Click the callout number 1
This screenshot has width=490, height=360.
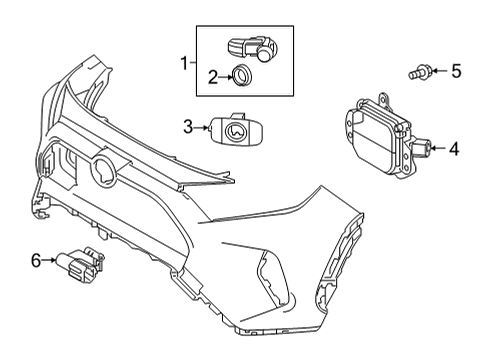184,63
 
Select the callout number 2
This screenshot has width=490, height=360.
213,77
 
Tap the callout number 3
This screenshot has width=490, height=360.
188,127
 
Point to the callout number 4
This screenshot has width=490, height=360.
454,149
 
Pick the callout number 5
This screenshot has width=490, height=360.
456,71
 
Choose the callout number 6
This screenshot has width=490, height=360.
36,260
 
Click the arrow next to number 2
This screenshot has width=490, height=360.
226,77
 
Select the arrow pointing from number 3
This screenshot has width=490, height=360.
201,127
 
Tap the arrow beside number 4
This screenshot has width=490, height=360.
439,148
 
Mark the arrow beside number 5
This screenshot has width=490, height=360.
440,71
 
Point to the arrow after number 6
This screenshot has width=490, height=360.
49,260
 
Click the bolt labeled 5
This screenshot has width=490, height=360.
420,72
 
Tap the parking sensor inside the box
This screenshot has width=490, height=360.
254,49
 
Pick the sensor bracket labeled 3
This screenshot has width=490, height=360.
236,130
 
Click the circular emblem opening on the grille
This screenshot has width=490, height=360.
104,171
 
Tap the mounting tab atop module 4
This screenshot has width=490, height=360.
384,99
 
